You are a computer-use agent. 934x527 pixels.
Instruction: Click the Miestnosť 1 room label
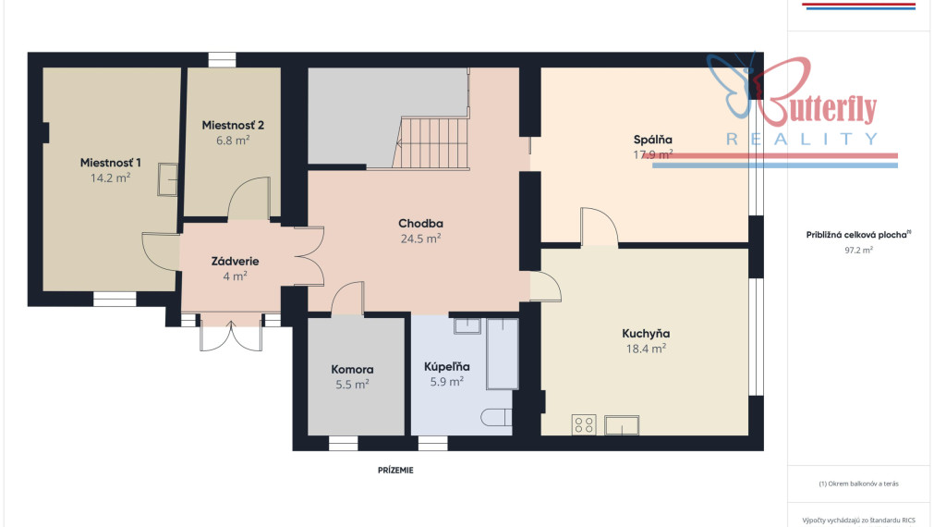tap(111, 163)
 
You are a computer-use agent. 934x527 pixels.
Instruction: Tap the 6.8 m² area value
tap(233, 141)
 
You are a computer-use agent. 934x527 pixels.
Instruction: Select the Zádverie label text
tap(236, 261)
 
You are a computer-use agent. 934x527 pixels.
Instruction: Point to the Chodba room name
tap(420, 224)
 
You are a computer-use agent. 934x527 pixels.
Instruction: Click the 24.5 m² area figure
tap(420, 239)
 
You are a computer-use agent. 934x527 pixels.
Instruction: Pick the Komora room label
tap(352, 370)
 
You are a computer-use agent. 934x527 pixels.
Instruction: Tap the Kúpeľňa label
tap(447, 367)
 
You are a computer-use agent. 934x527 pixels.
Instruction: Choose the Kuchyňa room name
tap(646, 333)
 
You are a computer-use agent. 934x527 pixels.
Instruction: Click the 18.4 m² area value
tap(646, 349)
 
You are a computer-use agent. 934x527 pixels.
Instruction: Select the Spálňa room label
tap(653, 141)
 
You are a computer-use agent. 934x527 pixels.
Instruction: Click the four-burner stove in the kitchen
tap(584, 425)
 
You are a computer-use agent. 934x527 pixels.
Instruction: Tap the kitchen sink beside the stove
tap(622, 425)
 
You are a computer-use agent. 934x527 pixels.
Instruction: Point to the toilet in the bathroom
tap(496, 417)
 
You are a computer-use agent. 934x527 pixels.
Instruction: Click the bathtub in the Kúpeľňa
tap(503, 354)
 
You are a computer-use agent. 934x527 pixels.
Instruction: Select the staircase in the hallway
tap(431, 143)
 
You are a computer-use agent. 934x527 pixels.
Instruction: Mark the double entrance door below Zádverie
tap(231, 336)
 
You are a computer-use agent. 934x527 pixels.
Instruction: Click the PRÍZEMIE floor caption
tap(395, 471)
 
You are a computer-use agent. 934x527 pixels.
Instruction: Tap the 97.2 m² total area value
tap(858, 251)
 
